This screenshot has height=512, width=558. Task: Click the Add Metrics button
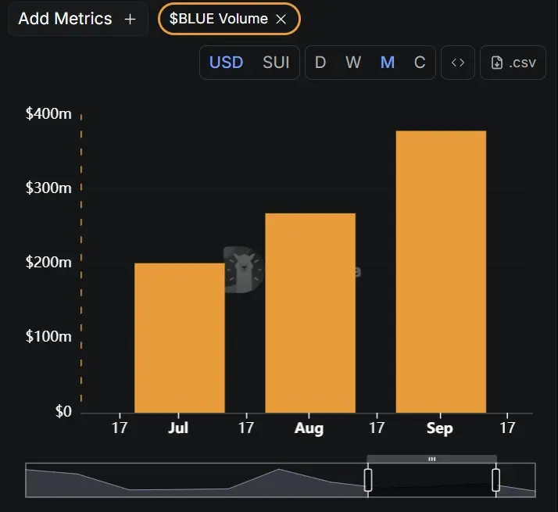77,19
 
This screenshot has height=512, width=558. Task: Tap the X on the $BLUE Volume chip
281,20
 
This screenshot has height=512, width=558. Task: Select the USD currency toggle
226,63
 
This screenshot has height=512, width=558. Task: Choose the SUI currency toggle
276,63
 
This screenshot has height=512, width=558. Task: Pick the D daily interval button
320,63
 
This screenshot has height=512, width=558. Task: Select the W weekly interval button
353,63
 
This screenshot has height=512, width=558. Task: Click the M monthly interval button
387,63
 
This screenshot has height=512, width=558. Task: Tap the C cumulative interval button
420,63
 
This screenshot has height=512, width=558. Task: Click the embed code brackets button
458,63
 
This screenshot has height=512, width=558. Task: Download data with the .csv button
513,63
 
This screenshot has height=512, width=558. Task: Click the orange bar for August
310,313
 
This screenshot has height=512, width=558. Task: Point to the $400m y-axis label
48,114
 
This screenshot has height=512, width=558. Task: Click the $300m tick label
48,188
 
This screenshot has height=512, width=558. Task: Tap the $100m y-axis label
48,337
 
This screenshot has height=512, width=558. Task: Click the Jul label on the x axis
178,428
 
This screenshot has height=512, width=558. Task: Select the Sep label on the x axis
439,428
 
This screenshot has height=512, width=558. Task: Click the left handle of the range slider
368,479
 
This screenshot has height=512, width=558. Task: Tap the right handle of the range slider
495,479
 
